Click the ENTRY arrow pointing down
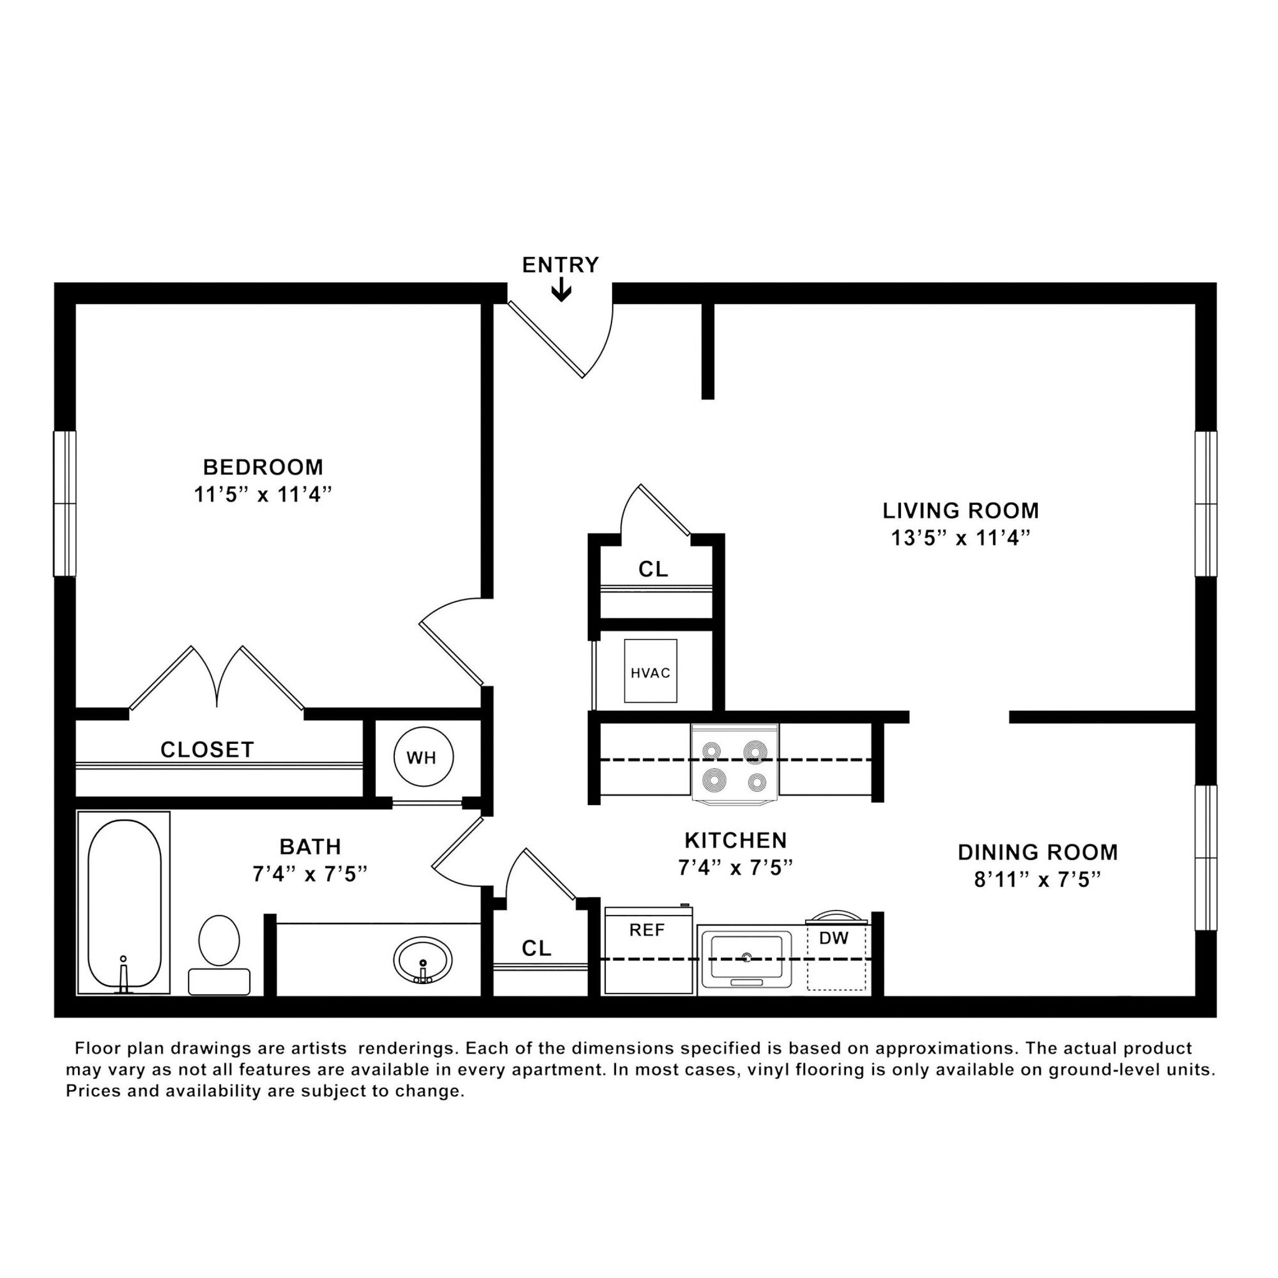(x=561, y=290)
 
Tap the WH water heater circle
(x=423, y=758)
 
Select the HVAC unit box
(x=650, y=671)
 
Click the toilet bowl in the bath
(x=219, y=940)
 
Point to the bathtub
(x=124, y=903)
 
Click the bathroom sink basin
(x=422, y=960)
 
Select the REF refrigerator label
(x=646, y=930)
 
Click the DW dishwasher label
(x=834, y=937)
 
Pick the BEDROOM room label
(x=263, y=467)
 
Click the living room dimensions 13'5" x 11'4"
(x=960, y=538)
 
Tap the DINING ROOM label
(x=1037, y=852)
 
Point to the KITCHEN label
(x=736, y=840)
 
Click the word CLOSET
(x=207, y=749)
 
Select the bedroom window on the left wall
(x=65, y=504)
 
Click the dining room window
(x=1206, y=857)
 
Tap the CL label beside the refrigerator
(x=536, y=949)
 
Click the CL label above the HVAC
(x=653, y=569)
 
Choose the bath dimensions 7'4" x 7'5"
(x=310, y=874)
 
